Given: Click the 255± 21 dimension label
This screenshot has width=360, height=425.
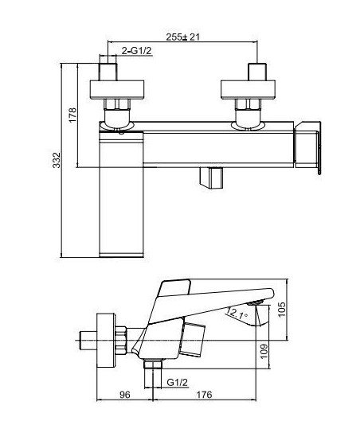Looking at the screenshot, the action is coord(183,37).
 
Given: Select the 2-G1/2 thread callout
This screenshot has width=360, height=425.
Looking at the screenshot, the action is coord(136,50).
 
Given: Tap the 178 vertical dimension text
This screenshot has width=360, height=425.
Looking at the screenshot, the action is coord(73,115).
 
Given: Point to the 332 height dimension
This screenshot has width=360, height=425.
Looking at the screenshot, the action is coord(57,160).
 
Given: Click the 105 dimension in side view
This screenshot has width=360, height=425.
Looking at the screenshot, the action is coord(282,310).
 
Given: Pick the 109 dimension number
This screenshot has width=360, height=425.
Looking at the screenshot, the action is coord(264,351).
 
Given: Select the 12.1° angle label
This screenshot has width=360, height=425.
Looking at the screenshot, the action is coord(237,313).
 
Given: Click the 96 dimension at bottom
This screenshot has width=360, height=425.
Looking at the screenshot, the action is coord(125,395).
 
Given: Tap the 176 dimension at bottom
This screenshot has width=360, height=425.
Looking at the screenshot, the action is coord(204,395).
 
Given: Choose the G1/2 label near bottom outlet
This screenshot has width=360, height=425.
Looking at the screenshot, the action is coord(177,383).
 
